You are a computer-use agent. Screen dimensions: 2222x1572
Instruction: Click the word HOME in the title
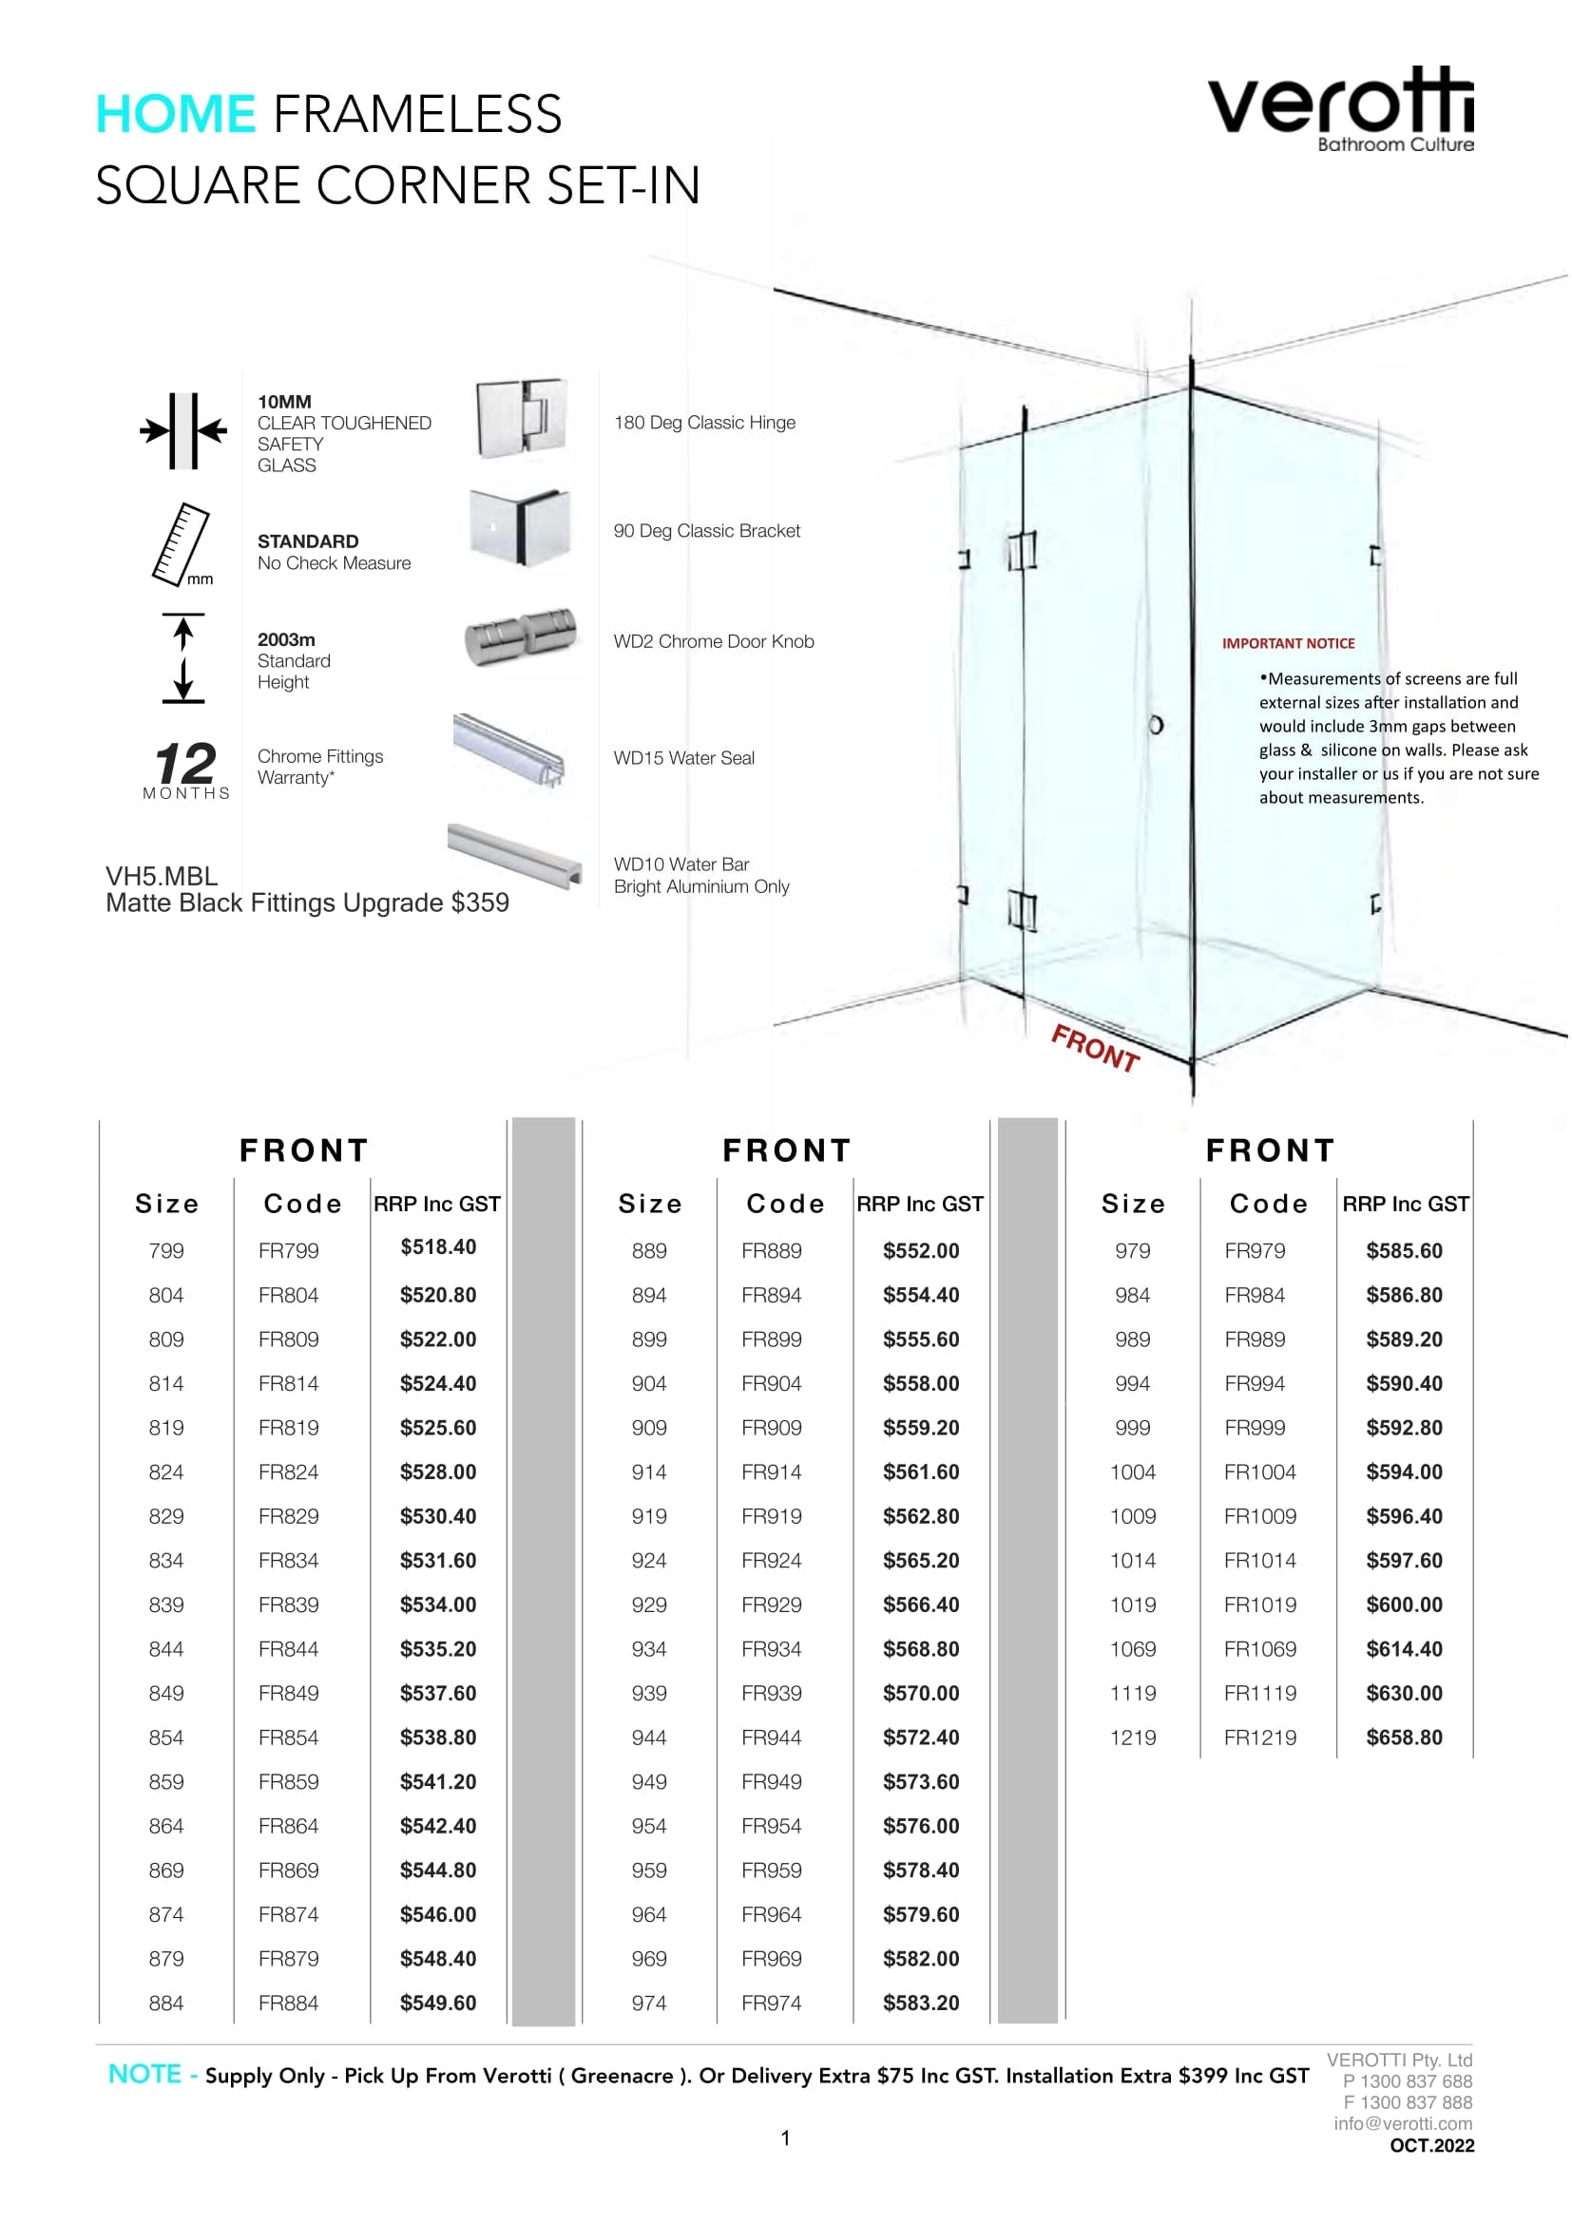175,114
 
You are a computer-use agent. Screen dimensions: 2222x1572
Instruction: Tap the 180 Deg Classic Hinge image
521,418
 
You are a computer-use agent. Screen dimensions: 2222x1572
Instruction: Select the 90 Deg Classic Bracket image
520,527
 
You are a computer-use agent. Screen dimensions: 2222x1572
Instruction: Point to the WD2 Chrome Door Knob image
521,636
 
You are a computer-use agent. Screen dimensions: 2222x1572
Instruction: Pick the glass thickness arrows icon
182,430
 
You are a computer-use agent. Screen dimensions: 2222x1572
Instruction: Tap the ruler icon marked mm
181,544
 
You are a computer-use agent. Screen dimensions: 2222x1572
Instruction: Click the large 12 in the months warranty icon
185,764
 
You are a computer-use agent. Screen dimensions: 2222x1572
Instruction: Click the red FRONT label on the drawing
1095,1048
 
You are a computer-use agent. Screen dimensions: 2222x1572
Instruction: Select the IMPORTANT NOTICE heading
1288,643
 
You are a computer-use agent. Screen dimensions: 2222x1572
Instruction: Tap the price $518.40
438,1246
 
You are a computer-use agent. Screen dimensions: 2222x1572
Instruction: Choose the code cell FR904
772,1384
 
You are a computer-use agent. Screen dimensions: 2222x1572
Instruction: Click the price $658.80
1404,1738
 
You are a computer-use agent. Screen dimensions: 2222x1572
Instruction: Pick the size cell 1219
1133,1738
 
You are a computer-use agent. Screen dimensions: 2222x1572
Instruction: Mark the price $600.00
1404,1605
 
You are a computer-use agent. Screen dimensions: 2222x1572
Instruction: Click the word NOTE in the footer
145,2074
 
